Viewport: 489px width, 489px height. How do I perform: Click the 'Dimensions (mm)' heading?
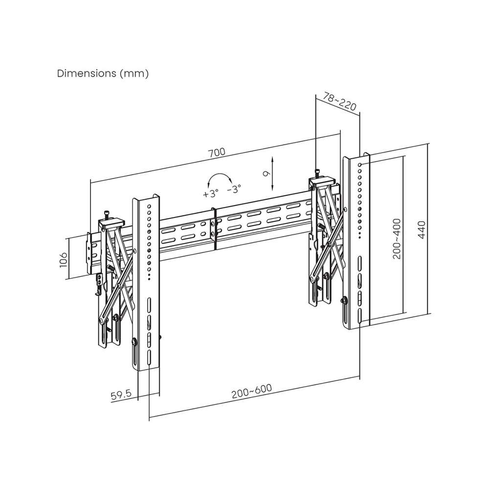[x=103, y=74]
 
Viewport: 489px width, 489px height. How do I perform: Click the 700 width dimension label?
[x=217, y=153]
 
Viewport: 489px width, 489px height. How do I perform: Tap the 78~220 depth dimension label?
[x=339, y=101]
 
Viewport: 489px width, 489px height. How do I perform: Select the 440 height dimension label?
[x=422, y=229]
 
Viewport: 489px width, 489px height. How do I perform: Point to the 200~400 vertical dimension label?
[x=397, y=239]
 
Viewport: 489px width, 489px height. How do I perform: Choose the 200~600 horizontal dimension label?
[x=252, y=391]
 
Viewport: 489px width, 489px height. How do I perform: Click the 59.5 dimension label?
[x=121, y=395]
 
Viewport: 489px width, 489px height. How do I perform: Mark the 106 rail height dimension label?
[x=63, y=260]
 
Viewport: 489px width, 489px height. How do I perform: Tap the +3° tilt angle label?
[x=210, y=193]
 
